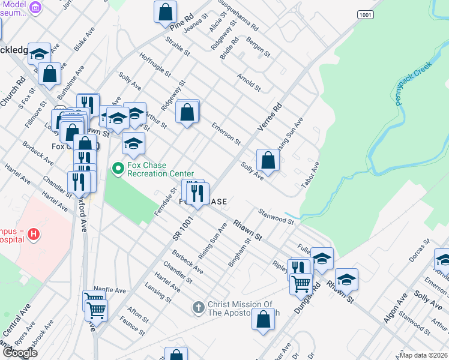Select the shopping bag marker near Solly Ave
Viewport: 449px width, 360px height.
268,160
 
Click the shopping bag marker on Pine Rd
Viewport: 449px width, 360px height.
165,11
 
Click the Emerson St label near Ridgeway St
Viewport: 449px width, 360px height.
226,134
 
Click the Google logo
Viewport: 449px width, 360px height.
20,352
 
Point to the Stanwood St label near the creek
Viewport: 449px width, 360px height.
276,216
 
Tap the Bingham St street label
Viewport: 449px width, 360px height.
239,253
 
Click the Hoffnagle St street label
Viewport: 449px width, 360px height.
155,64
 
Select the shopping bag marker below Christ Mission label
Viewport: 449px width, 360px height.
263,319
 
